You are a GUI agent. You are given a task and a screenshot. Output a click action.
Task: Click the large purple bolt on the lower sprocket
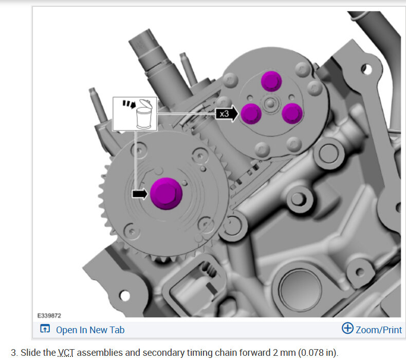(x=166, y=193)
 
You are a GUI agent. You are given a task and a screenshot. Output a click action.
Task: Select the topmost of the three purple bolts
(x=271, y=81)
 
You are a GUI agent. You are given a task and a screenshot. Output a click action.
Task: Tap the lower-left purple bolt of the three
(x=251, y=114)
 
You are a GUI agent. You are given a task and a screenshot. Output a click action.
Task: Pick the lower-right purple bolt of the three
(x=292, y=114)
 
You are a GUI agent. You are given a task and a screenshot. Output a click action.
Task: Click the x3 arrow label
(x=227, y=114)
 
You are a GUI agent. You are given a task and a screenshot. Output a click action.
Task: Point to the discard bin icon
(x=144, y=114)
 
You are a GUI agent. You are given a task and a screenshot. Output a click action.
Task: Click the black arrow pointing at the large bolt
(x=140, y=193)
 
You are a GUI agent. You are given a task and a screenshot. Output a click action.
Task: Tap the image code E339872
(x=49, y=316)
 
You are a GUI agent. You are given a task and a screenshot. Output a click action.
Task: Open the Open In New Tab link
(x=90, y=330)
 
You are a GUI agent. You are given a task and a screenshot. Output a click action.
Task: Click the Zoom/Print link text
(x=379, y=330)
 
